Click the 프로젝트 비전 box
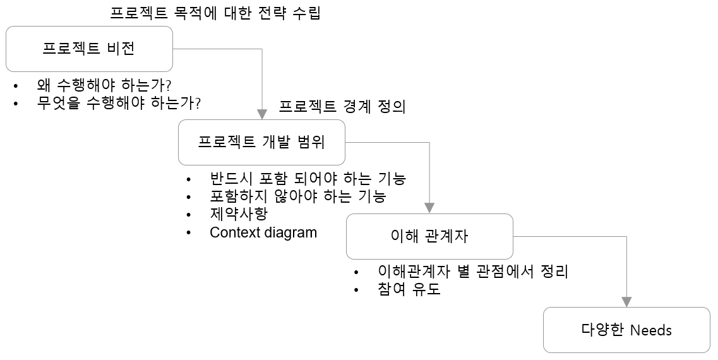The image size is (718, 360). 89,49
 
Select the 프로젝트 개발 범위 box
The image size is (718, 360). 261,142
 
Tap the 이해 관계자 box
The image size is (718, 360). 429,236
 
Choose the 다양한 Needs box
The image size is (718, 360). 626,330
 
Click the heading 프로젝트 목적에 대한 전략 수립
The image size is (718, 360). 215,13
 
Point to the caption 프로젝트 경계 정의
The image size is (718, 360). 342,106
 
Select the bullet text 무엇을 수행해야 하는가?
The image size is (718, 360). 119,103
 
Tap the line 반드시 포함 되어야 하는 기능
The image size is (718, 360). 308,179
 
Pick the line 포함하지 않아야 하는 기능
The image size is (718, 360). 297,196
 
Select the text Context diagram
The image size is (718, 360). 263,232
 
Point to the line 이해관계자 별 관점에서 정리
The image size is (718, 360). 473,272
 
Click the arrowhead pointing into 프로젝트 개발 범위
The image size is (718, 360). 262,115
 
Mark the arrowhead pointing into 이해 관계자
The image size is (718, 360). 429,208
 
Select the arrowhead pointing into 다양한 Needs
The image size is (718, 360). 626,302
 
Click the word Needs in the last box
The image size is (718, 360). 651,330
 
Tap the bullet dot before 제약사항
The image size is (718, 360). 189,215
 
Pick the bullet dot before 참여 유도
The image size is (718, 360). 357,291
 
